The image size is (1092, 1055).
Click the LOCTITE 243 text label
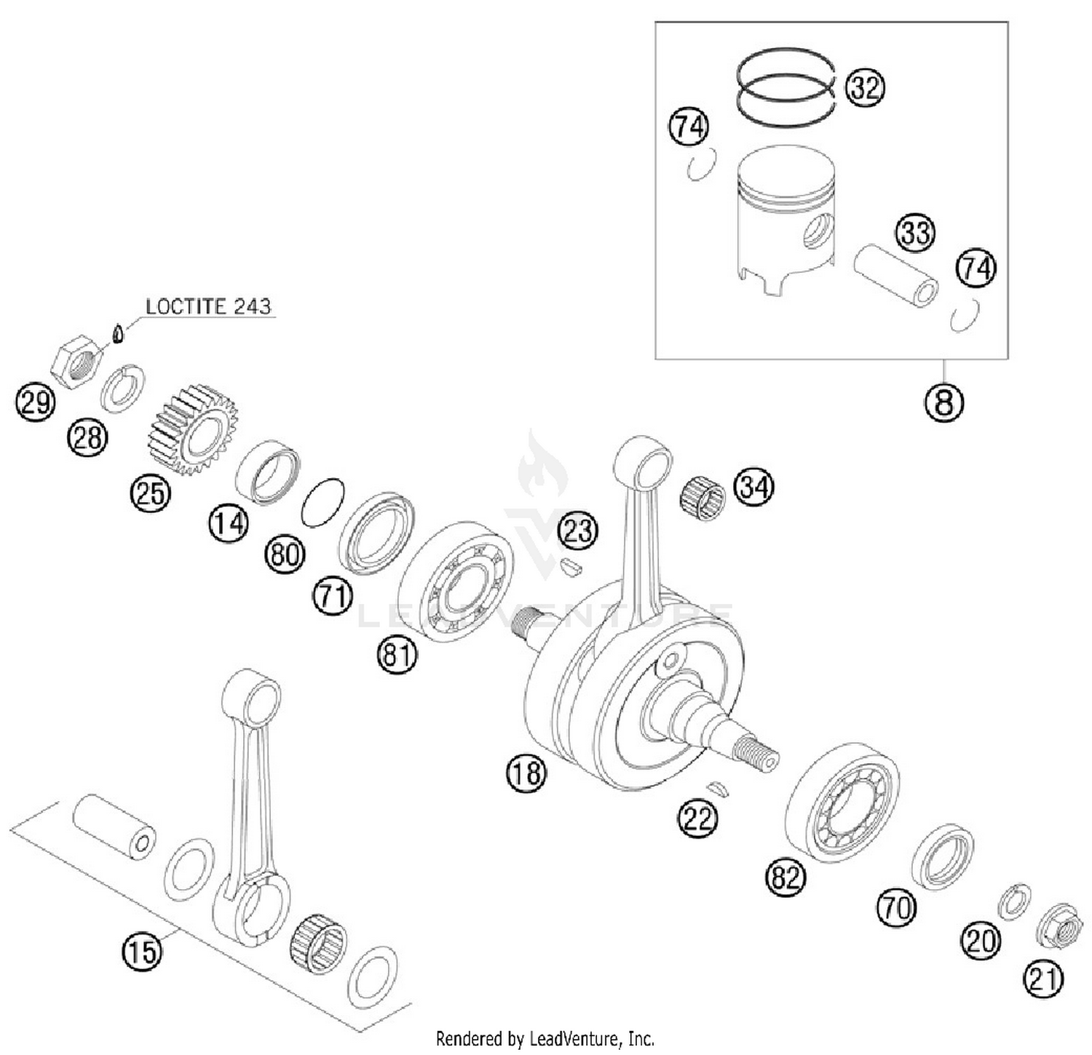(x=208, y=306)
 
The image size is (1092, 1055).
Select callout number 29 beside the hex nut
(x=35, y=402)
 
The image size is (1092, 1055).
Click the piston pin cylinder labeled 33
(x=895, y=277)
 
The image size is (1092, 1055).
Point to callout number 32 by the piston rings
(x=865, y=88)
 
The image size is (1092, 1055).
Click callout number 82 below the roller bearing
(x=786, y=877)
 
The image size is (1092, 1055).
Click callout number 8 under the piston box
(x=944, y=401)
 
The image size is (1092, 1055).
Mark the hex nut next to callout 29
(x=78, y=361)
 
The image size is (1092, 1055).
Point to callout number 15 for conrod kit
(x=141, y=950)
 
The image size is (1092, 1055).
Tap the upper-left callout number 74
(x=689, y=127)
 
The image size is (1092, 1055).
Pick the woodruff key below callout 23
(x=571, y=567)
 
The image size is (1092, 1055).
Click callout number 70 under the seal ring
(x=895, y=909)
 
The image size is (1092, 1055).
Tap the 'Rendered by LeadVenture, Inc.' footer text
(x=545, y=1038)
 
